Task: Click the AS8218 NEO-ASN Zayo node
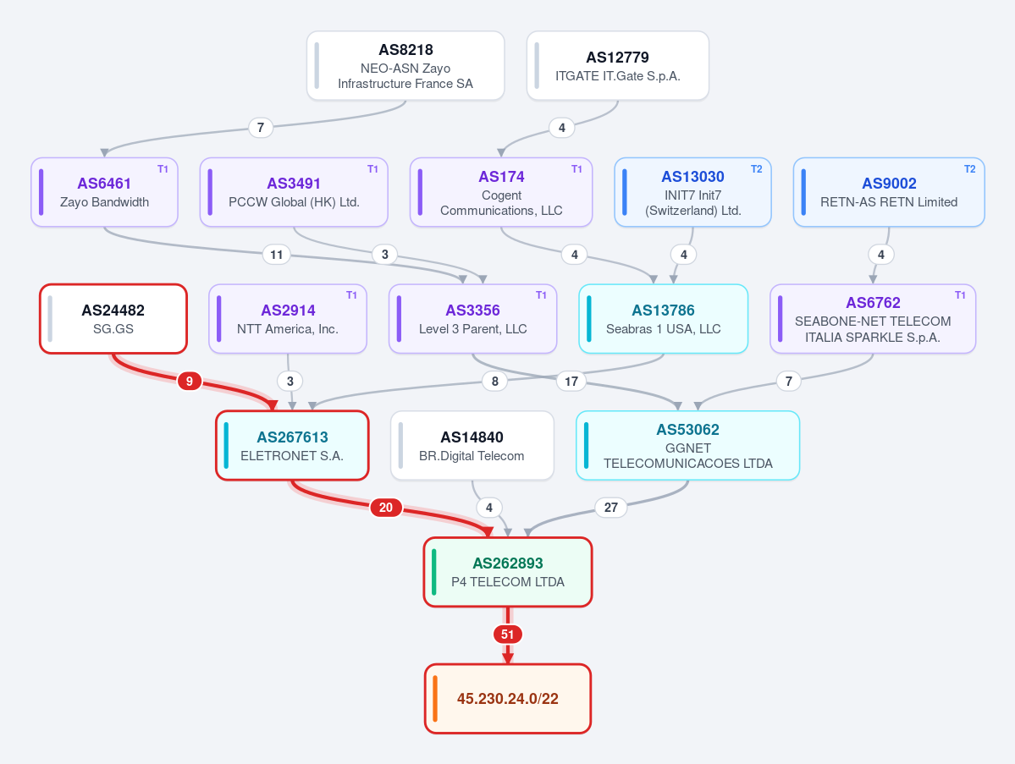[405, 66]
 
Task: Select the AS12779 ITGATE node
[617, 66]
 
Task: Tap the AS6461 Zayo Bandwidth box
[104, 192]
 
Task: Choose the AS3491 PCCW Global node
[294, 192]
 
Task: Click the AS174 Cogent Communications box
[501, 192]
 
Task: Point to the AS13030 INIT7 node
[692, 192]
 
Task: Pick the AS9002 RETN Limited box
[889, 192]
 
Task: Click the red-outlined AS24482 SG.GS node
[113, 319]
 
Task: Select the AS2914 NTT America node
[288, 319]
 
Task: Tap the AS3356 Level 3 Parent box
[472, 319]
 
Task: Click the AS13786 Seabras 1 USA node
[664, 319]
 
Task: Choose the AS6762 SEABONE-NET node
[873, 319]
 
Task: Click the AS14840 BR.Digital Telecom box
[472, 446]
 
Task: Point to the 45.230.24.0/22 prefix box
[508, 699]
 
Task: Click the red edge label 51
[508, 635]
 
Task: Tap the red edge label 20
[386, 508]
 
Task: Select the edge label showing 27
[611, 508]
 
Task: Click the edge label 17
[571, 382]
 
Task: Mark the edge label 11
[277, 255]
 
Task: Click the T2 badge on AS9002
[969, 169]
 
